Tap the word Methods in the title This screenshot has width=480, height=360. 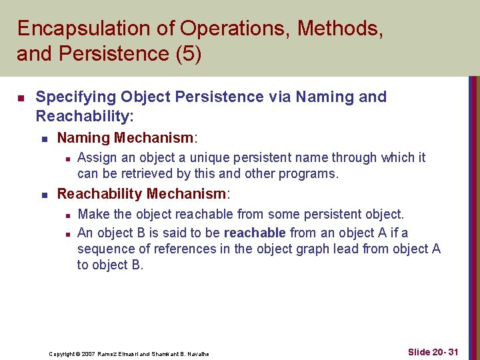pos(340,29)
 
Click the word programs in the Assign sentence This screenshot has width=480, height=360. pos(313,174)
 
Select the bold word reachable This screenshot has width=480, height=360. pos(255,233)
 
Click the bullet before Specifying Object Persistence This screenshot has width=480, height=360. pos(21,98)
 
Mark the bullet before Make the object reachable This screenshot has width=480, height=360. pos(65,215)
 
